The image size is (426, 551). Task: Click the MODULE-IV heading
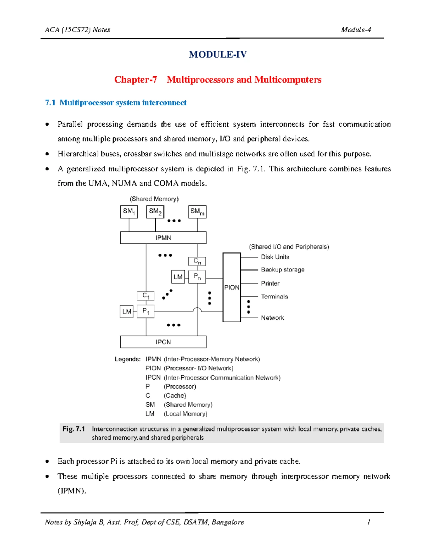[218, 54]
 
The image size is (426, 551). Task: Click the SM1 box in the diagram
[129, 212]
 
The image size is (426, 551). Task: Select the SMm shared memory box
[197, 212]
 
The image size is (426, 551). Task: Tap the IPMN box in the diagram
[163, 238]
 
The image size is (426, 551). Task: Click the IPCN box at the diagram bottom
[163, 342]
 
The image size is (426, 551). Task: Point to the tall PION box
[231, 287]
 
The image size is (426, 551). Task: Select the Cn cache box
[197, 261]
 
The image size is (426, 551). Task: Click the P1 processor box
[146, 312]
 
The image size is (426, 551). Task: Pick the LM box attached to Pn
[178, 277]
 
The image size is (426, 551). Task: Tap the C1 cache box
[146, 296]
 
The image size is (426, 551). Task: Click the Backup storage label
[283, 270]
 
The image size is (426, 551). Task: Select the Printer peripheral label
[270, 283]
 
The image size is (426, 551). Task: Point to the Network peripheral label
[272, 318]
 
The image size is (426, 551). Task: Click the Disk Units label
[275, 257]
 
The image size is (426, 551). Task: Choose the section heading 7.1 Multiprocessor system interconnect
[116, 103]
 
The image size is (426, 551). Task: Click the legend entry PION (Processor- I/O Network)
[189, 368]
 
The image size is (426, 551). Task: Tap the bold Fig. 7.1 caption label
[73, 429]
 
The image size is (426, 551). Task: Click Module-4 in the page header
[356, 30]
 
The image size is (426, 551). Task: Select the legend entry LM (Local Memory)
[176, 414]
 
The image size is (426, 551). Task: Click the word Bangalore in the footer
[228, 522]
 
